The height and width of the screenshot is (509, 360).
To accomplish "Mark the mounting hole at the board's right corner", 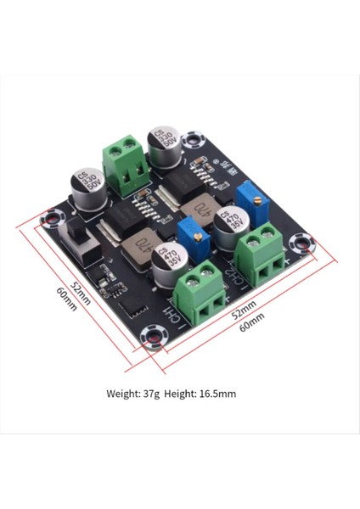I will pyautogui.click(x=301, y=243).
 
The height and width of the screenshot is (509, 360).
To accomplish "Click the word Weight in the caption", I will pyautogui.click(x=122, y=394).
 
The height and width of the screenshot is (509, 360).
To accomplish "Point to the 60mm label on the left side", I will pyautogui.click(x=67, y=298).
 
